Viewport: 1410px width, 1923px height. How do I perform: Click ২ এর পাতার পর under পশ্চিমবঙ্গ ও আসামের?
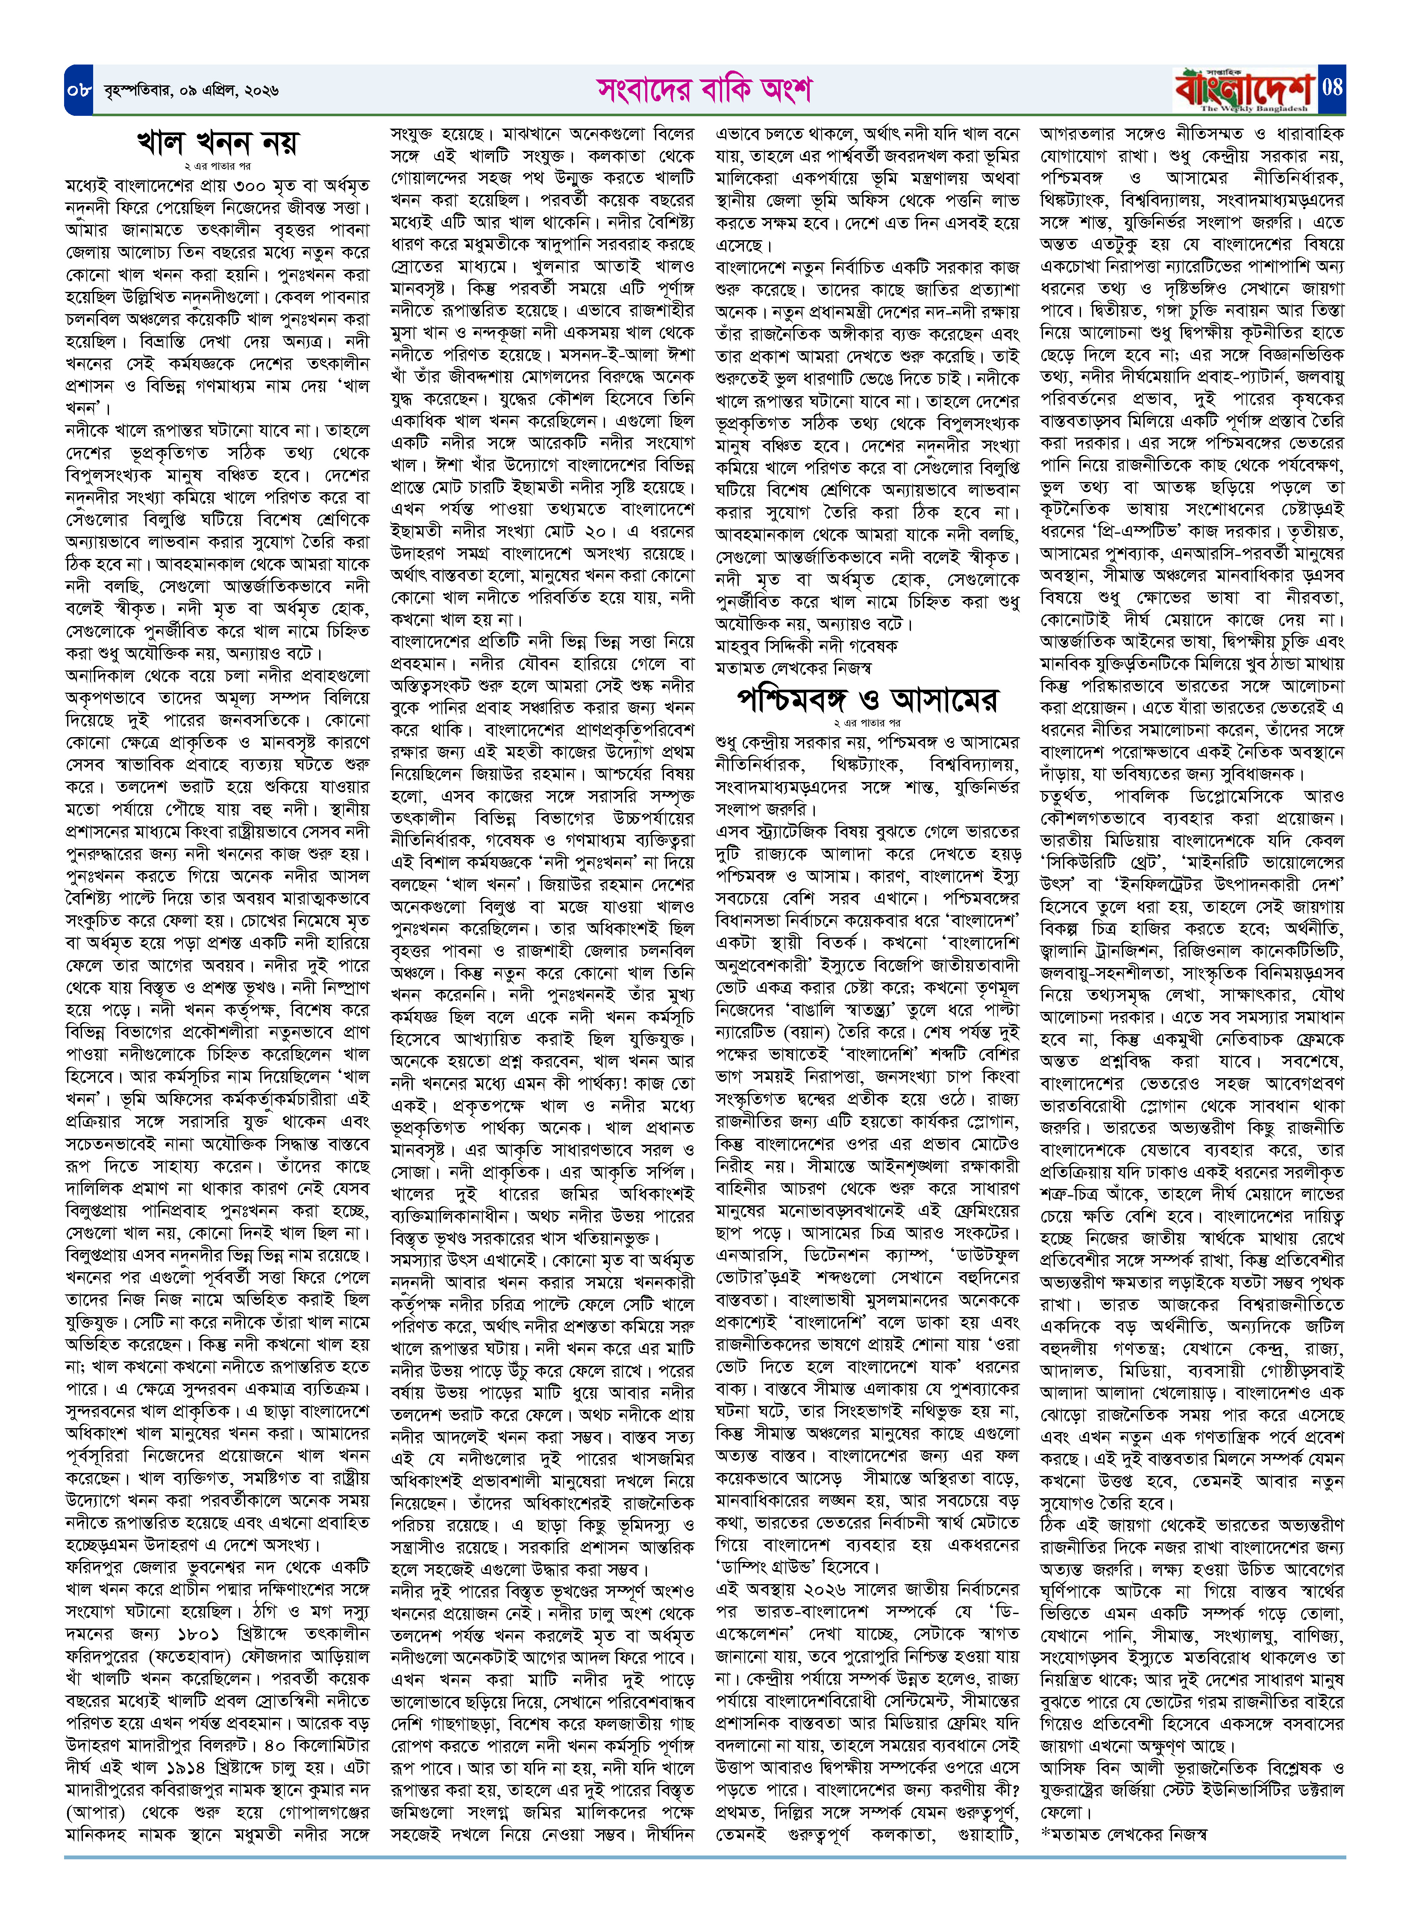point(867,723)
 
